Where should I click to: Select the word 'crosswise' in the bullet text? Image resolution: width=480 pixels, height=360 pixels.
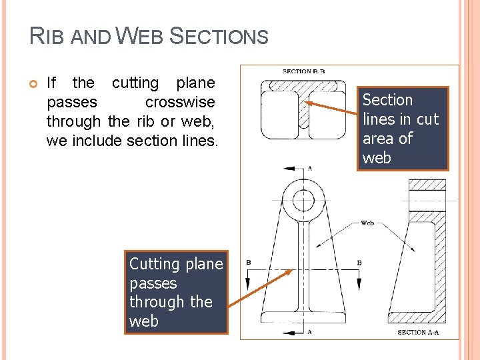click(x=179, y=103)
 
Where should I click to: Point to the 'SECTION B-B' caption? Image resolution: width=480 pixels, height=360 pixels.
click(x=303, y=71)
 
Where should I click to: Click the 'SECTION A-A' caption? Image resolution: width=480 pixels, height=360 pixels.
click(x=421, y=332)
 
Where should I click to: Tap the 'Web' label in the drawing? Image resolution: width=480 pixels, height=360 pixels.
click(x=367, y=223)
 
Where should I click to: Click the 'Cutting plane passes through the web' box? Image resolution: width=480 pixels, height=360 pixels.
click(x=176, y=293)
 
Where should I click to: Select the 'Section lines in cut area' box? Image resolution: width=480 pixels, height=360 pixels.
click(x=402, y=129)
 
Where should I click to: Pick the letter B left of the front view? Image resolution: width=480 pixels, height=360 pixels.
click(x=248, y=263)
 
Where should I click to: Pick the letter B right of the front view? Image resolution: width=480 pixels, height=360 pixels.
click(x=359, y=263)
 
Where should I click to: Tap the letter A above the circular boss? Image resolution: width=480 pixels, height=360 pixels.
click(x=309, y=169)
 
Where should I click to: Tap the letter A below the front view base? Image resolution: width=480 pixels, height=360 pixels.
click(x=309, y=331)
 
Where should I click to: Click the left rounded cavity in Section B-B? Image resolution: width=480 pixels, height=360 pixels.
click(x=279, y=114)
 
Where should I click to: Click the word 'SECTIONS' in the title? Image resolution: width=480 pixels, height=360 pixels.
click(x=219, y=36)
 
